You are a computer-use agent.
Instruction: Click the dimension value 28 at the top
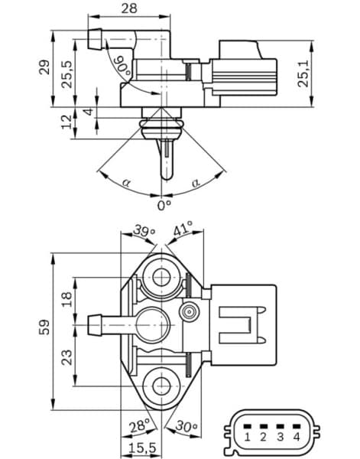pos(128,8)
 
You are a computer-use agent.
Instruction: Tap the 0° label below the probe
pos(164,206)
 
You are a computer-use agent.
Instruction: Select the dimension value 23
pos(66,356)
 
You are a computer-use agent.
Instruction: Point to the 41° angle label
pos(183,228)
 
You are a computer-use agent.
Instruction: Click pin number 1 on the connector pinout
pos(248,437)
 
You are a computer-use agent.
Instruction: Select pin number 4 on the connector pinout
pos(296,437)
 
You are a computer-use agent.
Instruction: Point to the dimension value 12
pos(66,121)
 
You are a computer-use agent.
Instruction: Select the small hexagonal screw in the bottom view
pos(189,311)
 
